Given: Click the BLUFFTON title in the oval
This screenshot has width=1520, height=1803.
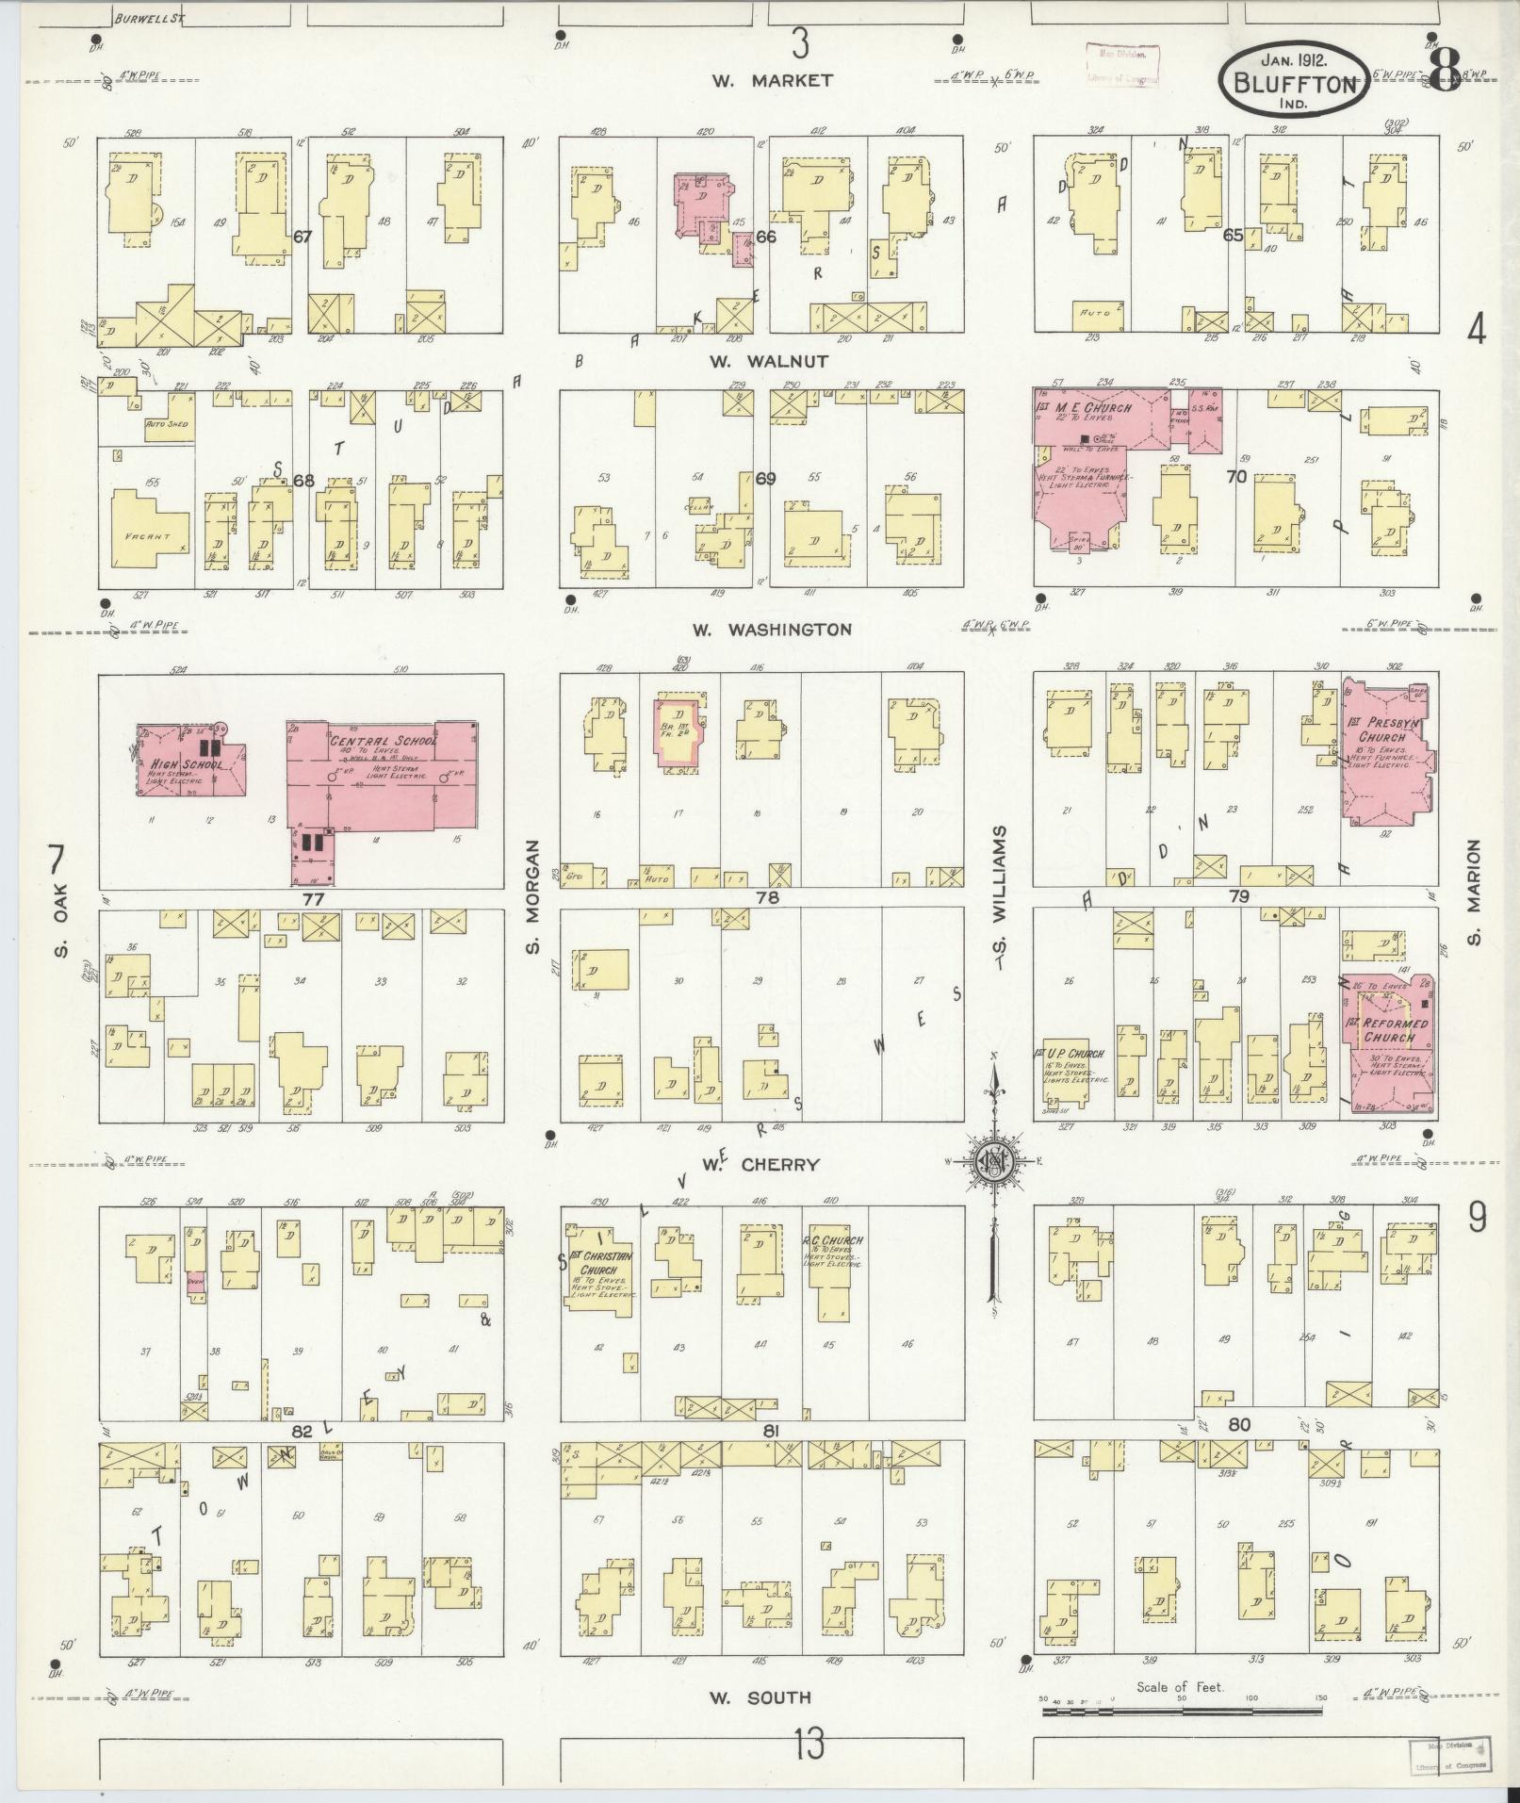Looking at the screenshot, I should pyautogui.click(x=1297, y=83).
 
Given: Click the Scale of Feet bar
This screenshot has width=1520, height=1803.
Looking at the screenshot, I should pyautogui.click(x=1182, y=1709).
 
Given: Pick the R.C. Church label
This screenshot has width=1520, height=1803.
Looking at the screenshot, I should pyautogui.click(x=832, y=1241).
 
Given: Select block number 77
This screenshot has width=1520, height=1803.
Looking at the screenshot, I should pyautogui.click(x=314, y=899).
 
